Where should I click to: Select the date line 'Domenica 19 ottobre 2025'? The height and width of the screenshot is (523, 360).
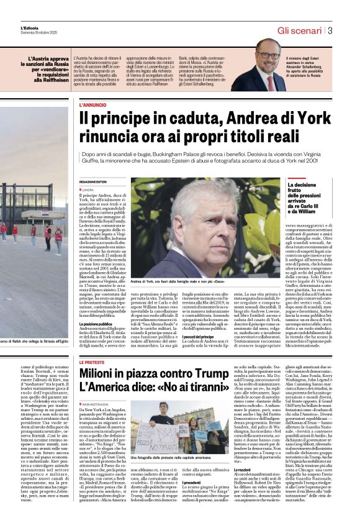[39, 33]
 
